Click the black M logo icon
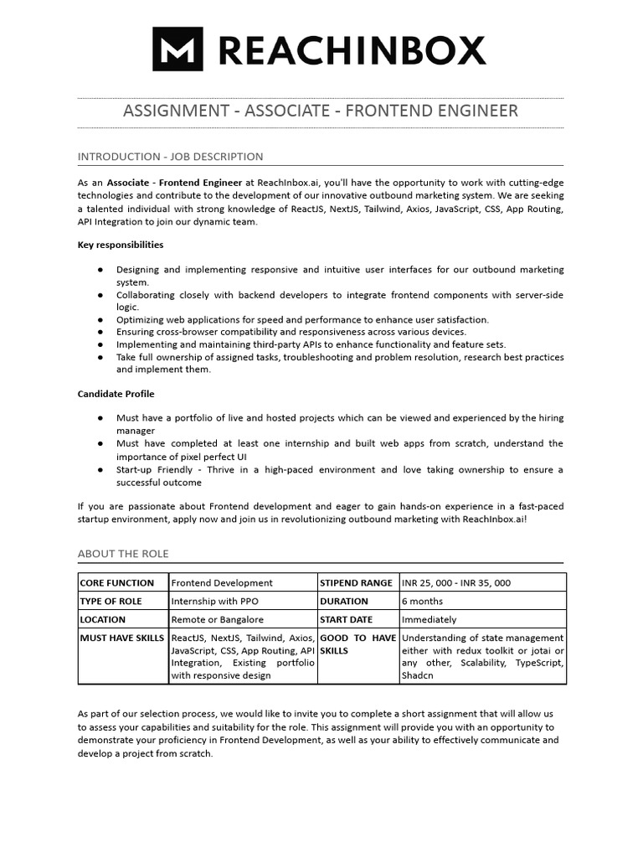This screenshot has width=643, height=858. pos(177,49)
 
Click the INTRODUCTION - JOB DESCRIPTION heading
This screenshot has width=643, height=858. pos(170,157)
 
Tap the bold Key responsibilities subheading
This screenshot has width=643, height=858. pos(121,245)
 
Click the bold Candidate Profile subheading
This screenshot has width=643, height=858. pos(116,393)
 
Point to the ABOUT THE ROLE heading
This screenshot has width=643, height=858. pos(123,554)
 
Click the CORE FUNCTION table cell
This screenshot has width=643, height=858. pos(117,582)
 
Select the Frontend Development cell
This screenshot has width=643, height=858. pos(222,582)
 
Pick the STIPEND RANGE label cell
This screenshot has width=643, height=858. pos(356,582)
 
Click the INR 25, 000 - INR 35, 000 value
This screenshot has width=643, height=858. pos(456,582)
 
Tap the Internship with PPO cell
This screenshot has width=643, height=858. pos(210,601)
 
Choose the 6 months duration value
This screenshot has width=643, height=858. pos(424,601)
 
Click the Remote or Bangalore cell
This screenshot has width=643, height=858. pos(217,619)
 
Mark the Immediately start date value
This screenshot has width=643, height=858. pos(430,619)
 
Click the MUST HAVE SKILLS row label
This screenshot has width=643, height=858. pos(122,638)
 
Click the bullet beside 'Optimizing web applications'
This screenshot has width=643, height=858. pos(100,319)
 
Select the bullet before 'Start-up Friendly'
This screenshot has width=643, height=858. pos(100,470)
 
